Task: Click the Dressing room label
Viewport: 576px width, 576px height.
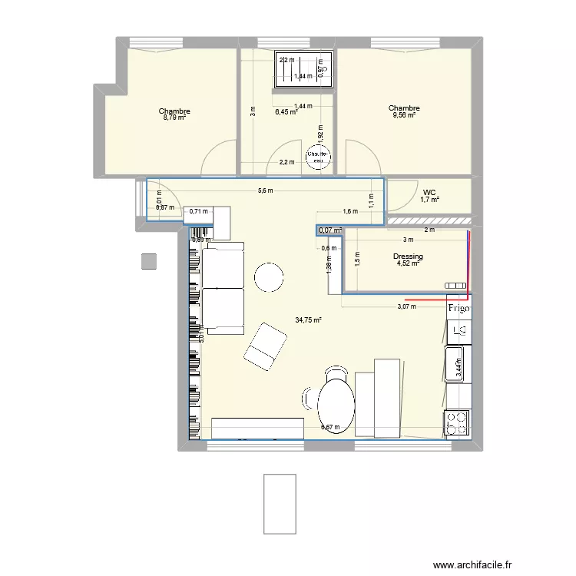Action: coord(408,257)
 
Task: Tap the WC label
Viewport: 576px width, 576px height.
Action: coord(429,192)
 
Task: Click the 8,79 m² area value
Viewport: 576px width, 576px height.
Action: coord(174,118)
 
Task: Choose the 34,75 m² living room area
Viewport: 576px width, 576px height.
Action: coord(308,320)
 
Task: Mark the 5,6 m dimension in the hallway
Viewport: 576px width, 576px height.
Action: coord(266,191)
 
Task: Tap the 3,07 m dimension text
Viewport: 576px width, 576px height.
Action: coord(407,306)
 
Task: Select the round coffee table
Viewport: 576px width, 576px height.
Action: coord(270,277)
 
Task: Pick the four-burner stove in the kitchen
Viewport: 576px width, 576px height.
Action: coord(457,423)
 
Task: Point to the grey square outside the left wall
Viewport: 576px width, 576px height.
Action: coord(149,262)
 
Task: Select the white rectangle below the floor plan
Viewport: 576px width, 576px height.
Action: coord(280,503)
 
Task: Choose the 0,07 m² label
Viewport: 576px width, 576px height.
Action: coord(331,230)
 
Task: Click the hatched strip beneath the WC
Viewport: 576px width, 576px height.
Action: coord(429,221)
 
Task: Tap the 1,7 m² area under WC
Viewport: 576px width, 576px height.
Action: coord(429,200)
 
